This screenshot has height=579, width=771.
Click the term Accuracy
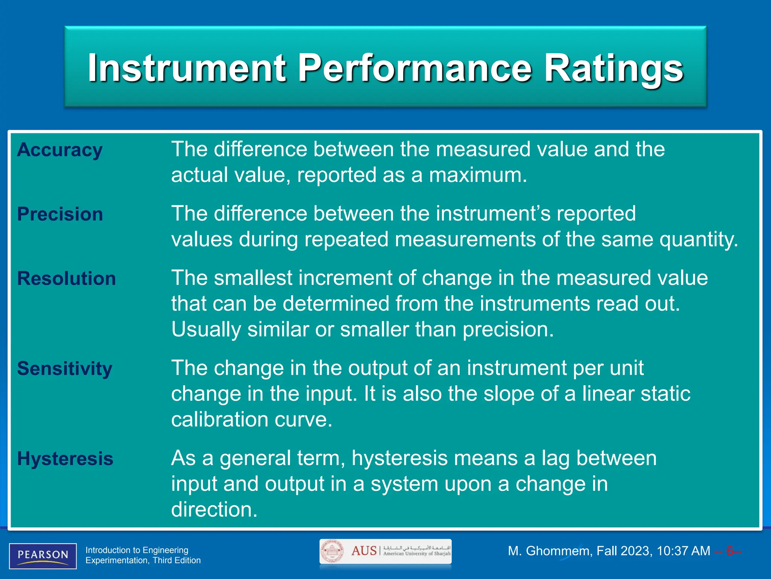click(59, 150)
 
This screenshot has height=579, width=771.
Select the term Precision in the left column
click(60, 214)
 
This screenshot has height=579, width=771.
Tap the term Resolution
click(66, 279)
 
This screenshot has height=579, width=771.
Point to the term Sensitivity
click(65, 369)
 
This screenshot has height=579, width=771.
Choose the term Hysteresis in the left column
click(65, 459)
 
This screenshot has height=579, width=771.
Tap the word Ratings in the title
click(614, 69)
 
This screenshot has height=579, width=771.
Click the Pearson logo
click(43, 556)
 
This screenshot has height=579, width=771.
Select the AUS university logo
click(385, 551)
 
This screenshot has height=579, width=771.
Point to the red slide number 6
click(729, 551)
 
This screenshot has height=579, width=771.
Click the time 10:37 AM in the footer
click(683, 551)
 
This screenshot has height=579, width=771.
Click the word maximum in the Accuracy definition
click(478, 176)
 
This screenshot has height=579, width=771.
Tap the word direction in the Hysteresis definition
click(214, 510)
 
